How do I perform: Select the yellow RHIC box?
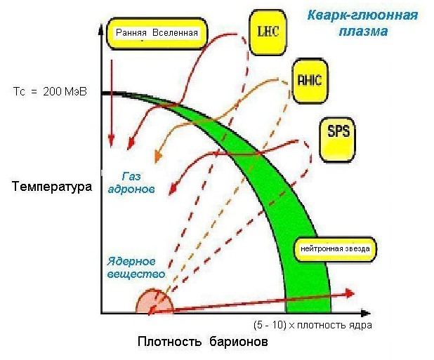pyautogui.click(x=309, y=79)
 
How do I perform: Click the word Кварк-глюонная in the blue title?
pyautogui.click(x=362, y=15)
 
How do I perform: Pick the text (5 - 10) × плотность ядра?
pyautogui.click(x=312, y=325)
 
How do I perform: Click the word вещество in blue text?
pyautogui.click(x=136, y=274)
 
